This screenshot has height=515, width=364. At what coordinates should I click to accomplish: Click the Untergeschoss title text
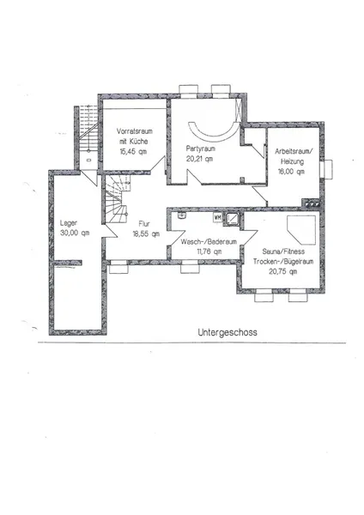(227, 332)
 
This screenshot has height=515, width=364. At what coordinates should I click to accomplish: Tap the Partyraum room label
(200, 148)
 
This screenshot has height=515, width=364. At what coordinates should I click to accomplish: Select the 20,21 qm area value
(199, 159)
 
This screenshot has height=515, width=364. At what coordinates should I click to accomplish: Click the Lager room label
(69, 223)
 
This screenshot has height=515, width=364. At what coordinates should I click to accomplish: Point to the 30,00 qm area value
(75, 233)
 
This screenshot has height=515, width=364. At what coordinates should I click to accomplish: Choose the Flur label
(144, 224)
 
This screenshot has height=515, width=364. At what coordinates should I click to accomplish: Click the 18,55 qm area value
(146, 233)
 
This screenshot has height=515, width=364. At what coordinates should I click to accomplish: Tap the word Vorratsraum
(135, 131)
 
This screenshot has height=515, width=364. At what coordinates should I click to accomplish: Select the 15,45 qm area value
(133, 151)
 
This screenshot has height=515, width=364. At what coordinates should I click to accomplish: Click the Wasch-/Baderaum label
(209, 242)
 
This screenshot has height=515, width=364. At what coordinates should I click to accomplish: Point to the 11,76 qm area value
(209, 251)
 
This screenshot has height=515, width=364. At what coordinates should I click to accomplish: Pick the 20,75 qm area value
(282, 271)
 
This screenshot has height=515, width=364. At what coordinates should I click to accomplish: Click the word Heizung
(292, 161)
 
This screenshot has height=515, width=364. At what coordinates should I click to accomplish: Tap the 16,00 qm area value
(291, 172)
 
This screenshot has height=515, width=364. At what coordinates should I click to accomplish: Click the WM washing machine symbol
(217, 217)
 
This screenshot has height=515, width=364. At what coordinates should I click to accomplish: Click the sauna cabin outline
(301, 230)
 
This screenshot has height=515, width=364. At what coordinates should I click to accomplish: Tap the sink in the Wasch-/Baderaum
(181, 215)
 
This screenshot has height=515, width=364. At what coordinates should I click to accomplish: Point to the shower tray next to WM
(232, 218)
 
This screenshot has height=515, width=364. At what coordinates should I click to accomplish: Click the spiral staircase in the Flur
(116, 199)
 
